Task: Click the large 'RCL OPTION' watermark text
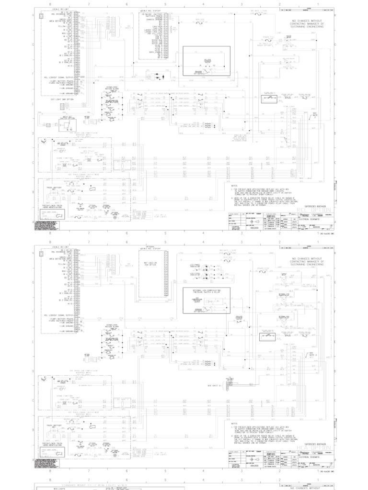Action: click(314, 210)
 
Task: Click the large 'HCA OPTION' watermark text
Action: click(314, 448)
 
